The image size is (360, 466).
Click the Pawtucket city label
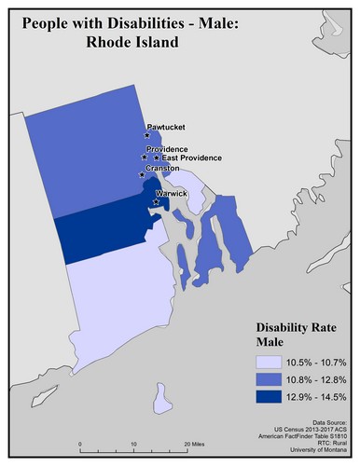tap(164, 127)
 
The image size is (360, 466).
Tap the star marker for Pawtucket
tap(147, 135)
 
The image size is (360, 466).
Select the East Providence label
tap(192, 158)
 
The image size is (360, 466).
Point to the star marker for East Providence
tap(157, 158)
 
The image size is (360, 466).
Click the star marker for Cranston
tap(142, 174)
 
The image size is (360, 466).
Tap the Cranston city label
tap(163, 169)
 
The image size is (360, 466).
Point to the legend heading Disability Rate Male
tap(302, 335)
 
